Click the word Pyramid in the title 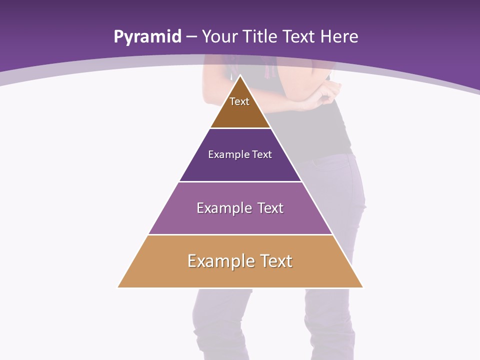tap(147, 37)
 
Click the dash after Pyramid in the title tap(191, 37)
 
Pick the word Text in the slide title tap(299, 37)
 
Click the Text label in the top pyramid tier tap(239, 101)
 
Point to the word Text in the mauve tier tap(270, 208)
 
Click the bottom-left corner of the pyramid tap(118, 287)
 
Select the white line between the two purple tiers tap(240, 181)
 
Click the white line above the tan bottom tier tap(240, 234)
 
